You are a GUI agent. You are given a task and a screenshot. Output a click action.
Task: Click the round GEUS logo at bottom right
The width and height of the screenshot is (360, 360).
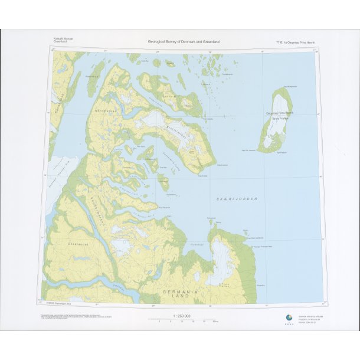click(x=289, y=316)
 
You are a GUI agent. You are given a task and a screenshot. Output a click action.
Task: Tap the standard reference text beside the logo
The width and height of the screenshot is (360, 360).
click(x=310, y=318)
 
